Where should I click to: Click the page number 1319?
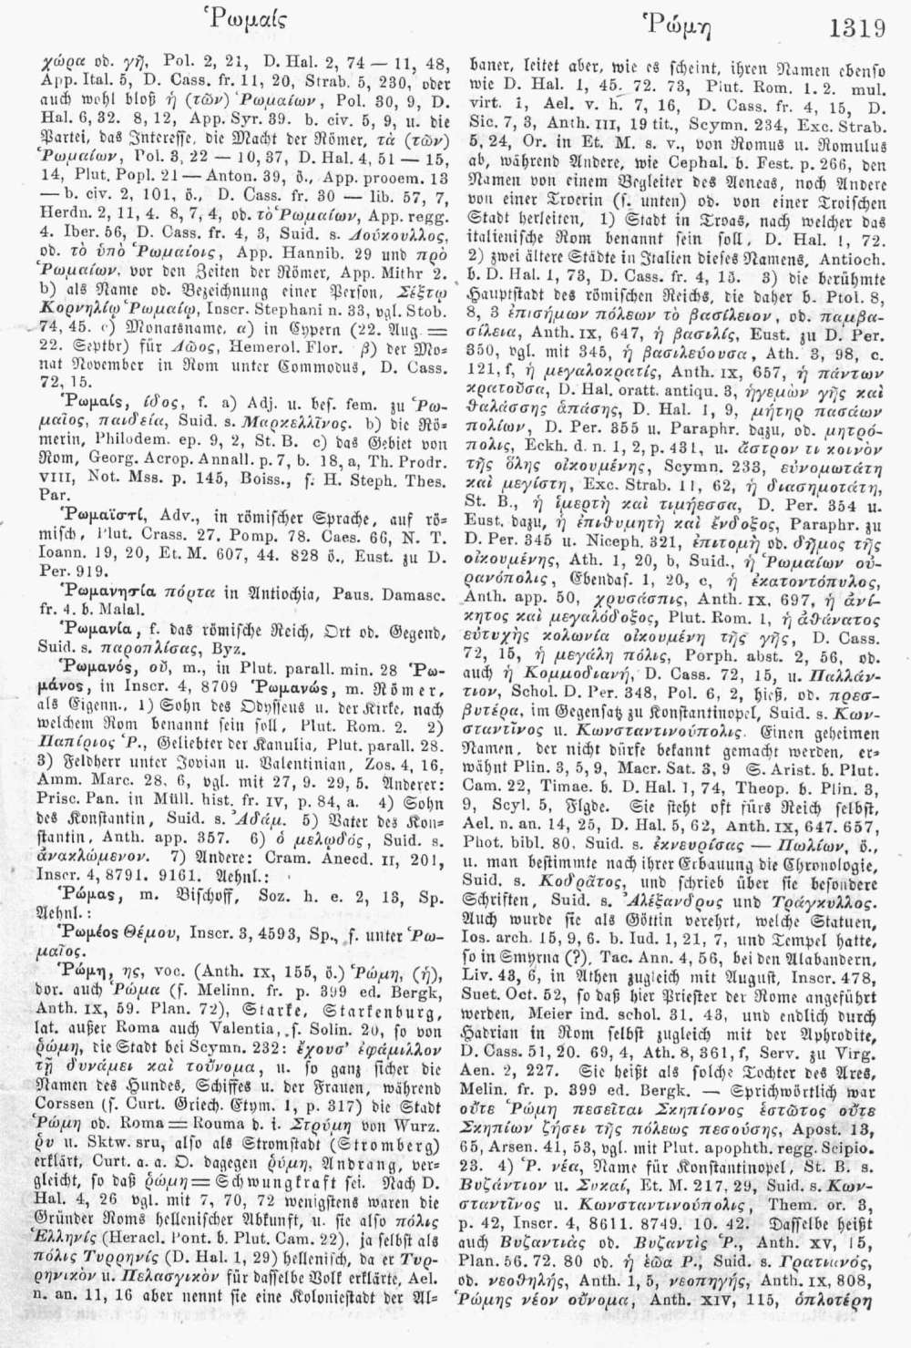click(859, 27)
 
